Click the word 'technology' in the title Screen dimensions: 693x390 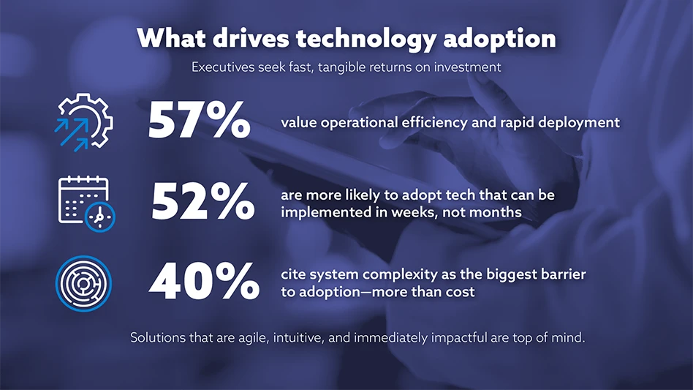point(366,39)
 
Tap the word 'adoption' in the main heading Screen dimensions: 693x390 point(499,39)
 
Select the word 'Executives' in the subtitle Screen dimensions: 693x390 point(223,67)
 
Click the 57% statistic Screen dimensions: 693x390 point(199,120)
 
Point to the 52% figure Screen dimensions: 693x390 point(203,202)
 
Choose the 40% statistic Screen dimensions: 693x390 point(204,282)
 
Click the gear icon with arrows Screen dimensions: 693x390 point(84,122)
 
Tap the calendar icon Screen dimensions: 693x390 point(86,203)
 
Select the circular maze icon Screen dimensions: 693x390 point(83,283)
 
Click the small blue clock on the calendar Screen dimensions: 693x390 point(100,217)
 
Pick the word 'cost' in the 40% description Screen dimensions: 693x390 point(461,292)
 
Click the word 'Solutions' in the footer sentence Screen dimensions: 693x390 point(158,338)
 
